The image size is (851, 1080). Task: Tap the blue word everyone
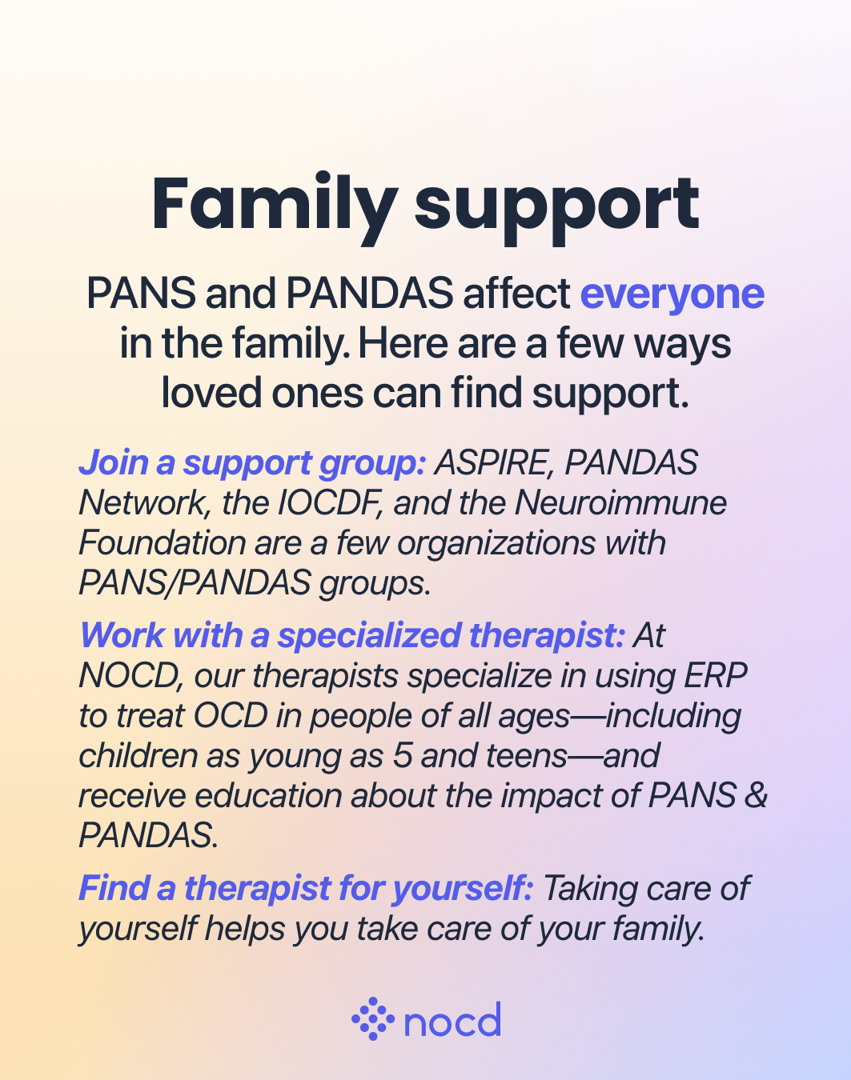point(672,294)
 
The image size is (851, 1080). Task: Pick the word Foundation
point(163,543)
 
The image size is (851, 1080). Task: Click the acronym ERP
point(715,676)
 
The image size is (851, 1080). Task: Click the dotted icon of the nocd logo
point(372,1019)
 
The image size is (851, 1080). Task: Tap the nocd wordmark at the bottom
point(452,1021)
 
